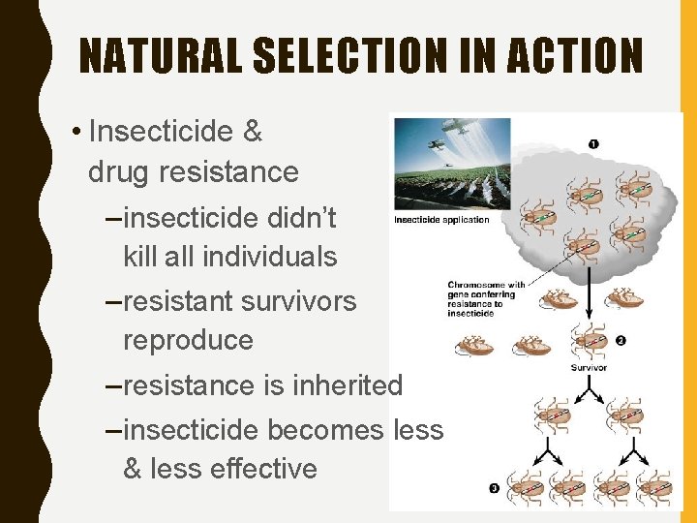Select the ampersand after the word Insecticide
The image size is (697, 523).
[251, 130]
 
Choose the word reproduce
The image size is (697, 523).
[188, 340]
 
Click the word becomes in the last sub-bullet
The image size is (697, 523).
[328, 428]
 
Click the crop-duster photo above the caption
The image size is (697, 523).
[453, 161]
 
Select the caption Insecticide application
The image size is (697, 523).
[441, 220]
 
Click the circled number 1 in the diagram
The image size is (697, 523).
[592, 144]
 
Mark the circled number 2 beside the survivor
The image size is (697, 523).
[620, 341]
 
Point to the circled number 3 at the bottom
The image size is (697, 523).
[495, 489]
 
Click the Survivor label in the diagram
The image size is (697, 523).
[590, 367]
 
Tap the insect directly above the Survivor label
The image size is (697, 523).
[587, 341]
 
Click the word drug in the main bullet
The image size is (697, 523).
[121, 172]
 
